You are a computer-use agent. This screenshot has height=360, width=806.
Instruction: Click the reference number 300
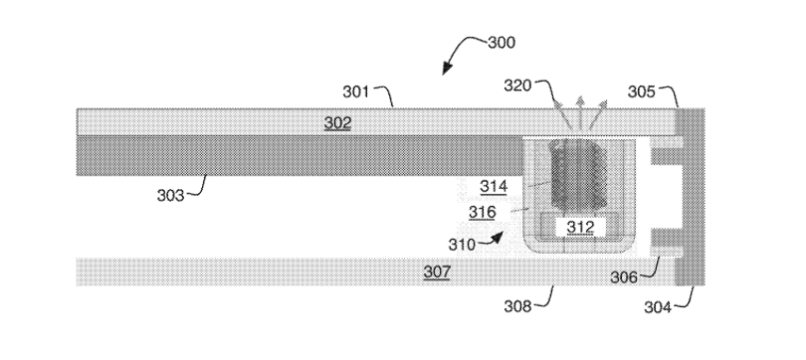coord(502,42)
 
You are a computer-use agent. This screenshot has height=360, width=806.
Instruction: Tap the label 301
coord(356,91)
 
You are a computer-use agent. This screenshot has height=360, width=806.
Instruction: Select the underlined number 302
coord(337,122)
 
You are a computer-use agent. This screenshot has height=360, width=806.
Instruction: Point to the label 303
coord(171,196)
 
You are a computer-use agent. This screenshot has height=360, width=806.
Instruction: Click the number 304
coord(658,307)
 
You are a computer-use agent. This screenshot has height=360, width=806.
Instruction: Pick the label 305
coord(642,91)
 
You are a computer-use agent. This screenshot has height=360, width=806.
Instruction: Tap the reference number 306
coord(624,277)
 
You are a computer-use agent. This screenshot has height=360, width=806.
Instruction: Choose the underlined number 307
coord(437,271)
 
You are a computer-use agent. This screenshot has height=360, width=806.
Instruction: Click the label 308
coord(517,306)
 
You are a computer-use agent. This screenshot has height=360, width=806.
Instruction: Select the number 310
coord(462,245)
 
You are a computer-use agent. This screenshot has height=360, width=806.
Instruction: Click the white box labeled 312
coord(580,227)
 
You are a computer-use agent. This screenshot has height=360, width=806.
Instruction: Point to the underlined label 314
coord(494,186)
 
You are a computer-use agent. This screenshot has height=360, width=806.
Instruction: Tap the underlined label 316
coord(483,212)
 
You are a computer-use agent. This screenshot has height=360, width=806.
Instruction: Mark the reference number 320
coord(517,86)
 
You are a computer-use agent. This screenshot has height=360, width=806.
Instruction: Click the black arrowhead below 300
coord(447,69)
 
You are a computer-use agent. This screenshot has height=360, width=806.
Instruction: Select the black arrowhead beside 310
coord(497,238)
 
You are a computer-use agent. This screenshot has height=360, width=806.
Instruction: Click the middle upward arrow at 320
coord(580,112)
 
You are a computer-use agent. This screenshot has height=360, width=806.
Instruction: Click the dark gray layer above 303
coord(300,156)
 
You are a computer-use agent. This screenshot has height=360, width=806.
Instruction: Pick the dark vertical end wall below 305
coord(690,197)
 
